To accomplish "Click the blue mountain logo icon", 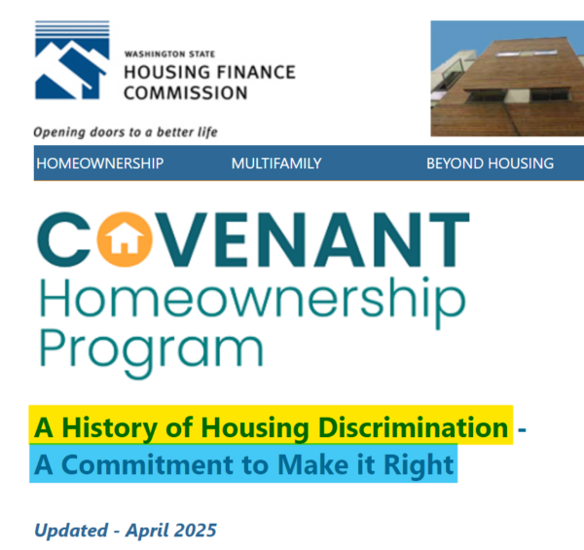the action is (72, 60).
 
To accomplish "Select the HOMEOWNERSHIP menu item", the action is (100, 164).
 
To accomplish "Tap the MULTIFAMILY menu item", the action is (276, 164).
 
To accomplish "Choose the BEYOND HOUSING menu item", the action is (491, 164).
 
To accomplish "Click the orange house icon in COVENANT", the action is (125, 239).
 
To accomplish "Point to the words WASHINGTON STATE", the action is (169, 55).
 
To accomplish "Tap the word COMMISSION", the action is (186, 93).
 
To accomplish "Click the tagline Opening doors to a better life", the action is (126, 132).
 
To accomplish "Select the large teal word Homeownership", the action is (252, 302).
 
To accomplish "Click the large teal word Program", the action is (151, 351).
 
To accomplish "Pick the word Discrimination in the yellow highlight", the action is (414, 427).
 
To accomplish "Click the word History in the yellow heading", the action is (109, 428).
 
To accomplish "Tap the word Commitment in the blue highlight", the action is (148, 464).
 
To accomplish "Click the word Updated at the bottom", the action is (71, 531).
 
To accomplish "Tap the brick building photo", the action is (507, 78).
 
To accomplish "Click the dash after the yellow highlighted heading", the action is (522, 429).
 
